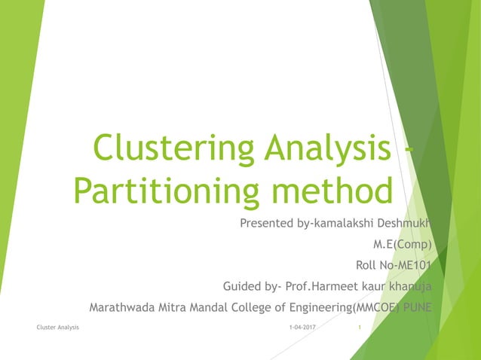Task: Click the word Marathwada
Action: [123, 307]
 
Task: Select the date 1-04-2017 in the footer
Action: [302, 328]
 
